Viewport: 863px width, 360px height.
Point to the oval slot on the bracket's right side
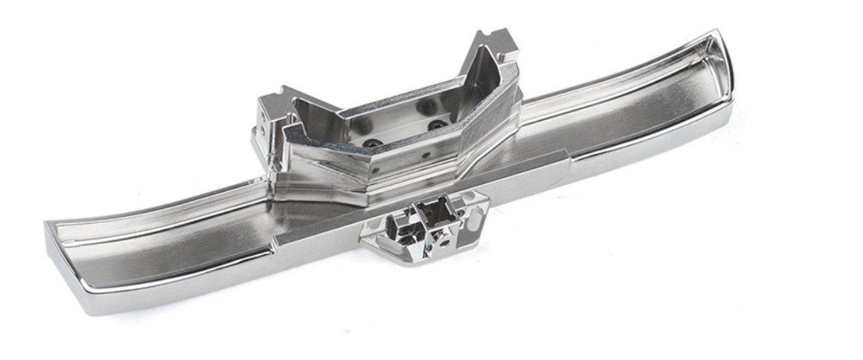(477, 218)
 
